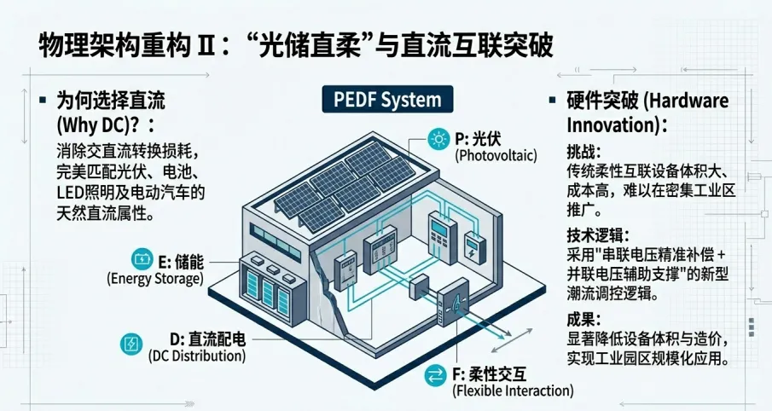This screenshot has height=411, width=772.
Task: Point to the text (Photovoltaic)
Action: (497, 156)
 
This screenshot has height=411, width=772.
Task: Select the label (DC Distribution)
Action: (197, 356)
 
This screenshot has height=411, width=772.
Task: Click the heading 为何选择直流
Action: (110, 100)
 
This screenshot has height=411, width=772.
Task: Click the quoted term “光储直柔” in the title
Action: (334, 45)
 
